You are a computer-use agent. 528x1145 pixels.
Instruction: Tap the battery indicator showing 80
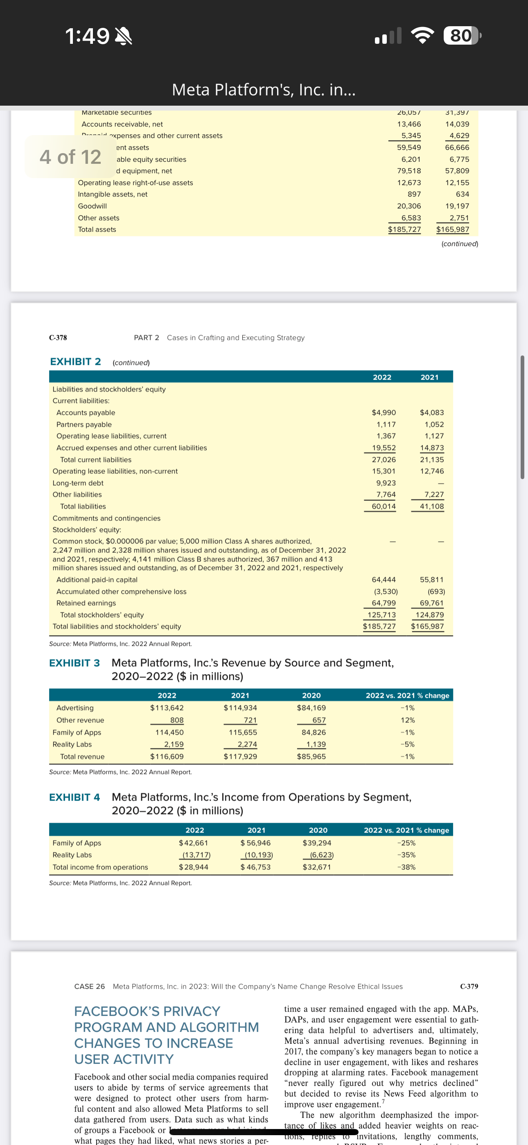click(461, 36)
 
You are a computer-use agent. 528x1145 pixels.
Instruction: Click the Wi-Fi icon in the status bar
click(423, 36)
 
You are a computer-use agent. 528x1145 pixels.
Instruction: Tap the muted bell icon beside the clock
click(123, 36)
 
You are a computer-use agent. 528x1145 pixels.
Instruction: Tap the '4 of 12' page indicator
click(70, 157)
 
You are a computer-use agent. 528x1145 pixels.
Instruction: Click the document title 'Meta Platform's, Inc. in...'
click(264, 90)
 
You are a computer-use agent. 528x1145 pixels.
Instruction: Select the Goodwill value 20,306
click(408, 206)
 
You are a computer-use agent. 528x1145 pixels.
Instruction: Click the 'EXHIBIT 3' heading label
click(74, 663)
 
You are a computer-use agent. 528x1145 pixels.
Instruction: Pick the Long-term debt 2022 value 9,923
click(386, 483)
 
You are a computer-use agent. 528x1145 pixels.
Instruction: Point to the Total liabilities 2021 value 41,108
click(431, 506)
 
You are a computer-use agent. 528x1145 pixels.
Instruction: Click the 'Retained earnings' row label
click(86, 603)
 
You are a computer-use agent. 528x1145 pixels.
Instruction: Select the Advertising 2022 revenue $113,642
click(167, 708)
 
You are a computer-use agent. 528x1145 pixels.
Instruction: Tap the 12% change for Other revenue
click(407, 720)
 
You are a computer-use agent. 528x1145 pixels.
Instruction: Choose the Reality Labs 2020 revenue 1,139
click(316, 744)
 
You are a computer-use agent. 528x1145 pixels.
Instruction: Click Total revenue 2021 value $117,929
click(240, 756)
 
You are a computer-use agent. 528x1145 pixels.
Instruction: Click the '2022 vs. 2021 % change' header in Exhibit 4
click(406, 830)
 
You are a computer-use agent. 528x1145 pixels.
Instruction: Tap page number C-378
click(58, 337)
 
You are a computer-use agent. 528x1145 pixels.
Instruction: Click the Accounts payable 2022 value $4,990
click(384, 412)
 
